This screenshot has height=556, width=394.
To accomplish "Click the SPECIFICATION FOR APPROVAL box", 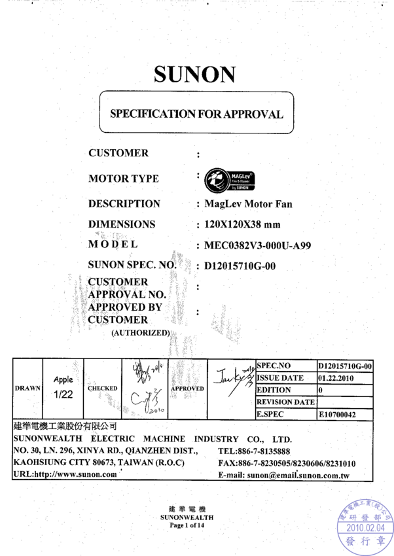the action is [x=196, y=114].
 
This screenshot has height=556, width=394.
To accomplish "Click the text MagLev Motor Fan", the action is [x=248, y=204].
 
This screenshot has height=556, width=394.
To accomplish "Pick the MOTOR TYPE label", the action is [x=123, y=179].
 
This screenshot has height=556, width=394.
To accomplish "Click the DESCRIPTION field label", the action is [x=124, y=204].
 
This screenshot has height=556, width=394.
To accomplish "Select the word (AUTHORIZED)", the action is [x=140, y=333].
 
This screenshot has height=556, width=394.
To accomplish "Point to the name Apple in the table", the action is [x=63, y=379].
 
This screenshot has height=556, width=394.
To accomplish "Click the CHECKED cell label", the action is [x=102, y=388].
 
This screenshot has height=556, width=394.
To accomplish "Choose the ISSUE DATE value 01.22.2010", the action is [x=338, y=378].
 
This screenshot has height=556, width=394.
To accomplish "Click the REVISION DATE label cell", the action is [x=285, y=402].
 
